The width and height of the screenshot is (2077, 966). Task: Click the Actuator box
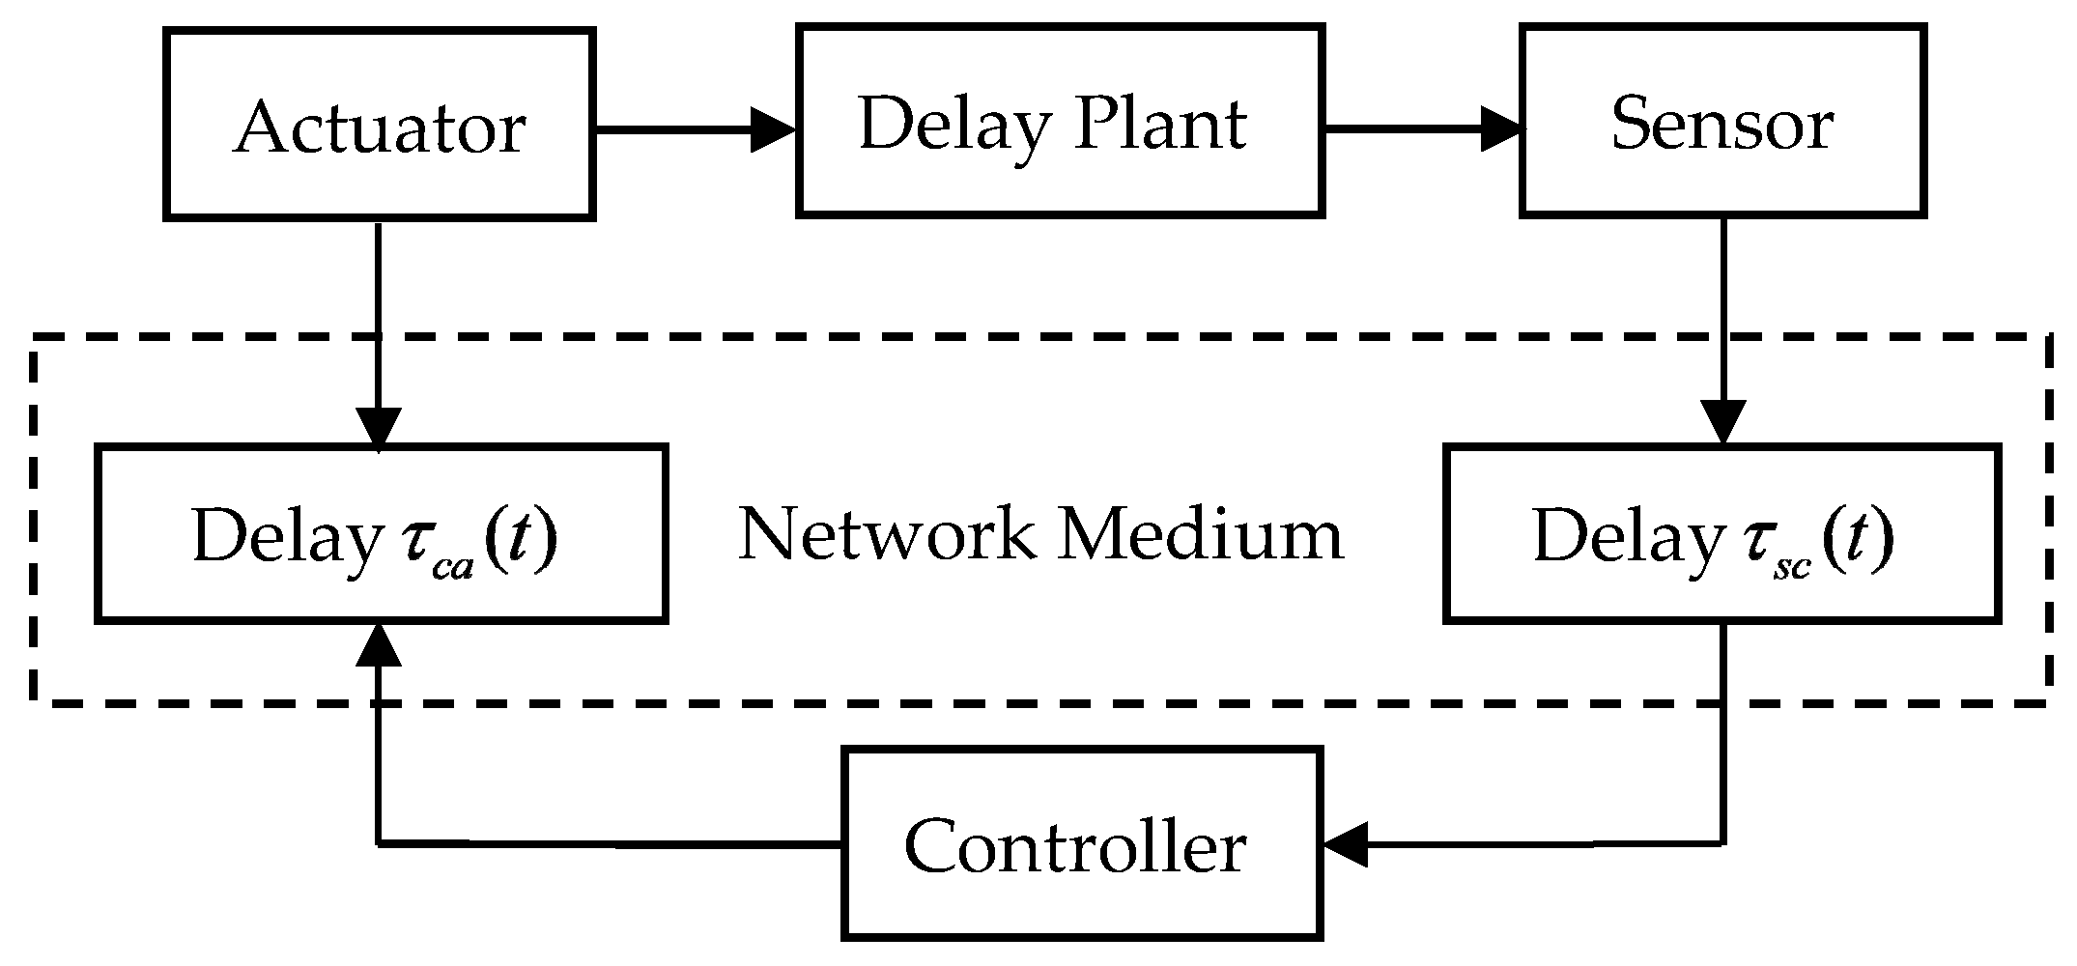(x=379, y=125)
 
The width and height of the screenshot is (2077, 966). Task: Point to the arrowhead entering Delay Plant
(x=773, y=128)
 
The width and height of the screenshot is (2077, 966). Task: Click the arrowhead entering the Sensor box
(x=1501, y=128)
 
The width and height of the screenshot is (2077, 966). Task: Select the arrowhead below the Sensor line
(x=1723, y=422)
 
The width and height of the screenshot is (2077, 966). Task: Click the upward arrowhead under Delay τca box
(x=378, y=644)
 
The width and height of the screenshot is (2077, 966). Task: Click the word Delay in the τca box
(x=286, y=537)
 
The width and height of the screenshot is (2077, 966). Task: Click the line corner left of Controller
(x=378, y=844)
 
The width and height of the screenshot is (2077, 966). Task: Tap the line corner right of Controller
(x=1723, y=844)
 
